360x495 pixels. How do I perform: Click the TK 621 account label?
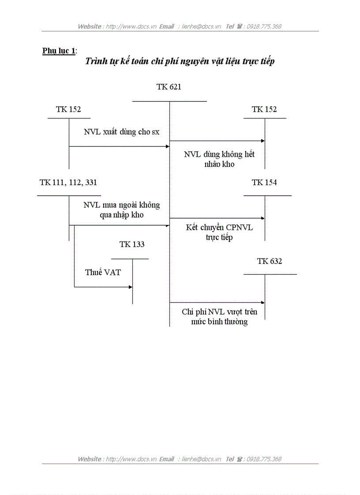(x=169, y=87)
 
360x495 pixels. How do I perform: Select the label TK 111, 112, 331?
(x=68, y=182)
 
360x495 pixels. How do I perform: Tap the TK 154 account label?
(x=264, y=182)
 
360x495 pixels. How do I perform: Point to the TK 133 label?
(x=131, y=244)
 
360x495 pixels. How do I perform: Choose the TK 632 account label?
(x=270, y=261)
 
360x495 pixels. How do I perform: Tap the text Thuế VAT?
(x=103, y=272)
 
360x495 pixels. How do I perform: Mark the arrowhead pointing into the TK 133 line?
(x=130, y=287)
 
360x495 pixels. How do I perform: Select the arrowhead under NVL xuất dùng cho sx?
(x=168, y=146)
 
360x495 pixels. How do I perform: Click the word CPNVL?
(x=240, y=228)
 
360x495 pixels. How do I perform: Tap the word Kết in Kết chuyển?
(x=192, y=227)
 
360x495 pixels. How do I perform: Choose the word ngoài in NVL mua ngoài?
(x=125, y=205)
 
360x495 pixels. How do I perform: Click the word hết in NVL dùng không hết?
(x=249, y=155)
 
